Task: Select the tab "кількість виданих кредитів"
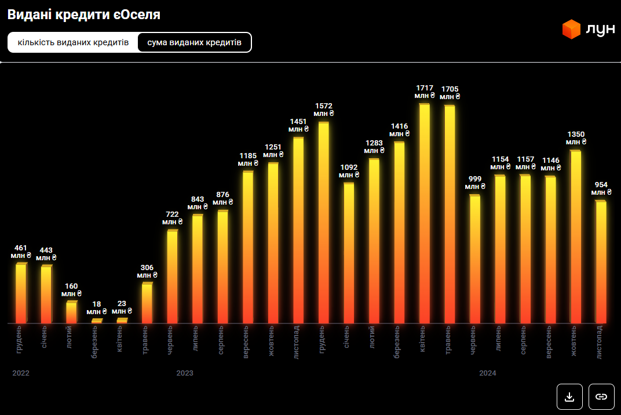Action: (x=73, y=42)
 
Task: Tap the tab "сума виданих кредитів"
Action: (x=194, y=42)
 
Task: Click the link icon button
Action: (x=601, y=396)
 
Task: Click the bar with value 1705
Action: (x=450, y=214)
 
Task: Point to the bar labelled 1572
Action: (x=323, y=223)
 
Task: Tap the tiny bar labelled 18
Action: (x=96, y=321)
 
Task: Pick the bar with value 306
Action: (x=147, y=303)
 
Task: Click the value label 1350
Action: (x=576, y=134)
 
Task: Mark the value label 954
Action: (x=601, y=185)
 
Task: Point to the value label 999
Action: (x=475, y=180)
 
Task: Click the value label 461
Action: (x=21, y=248)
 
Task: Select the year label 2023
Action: (x=185, y=373)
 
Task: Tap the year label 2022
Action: (x=21, y=373)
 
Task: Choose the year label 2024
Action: (x=488, y=373)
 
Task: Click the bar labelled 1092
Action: (x=349, y=253)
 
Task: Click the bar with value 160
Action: (x=71, y=312)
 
